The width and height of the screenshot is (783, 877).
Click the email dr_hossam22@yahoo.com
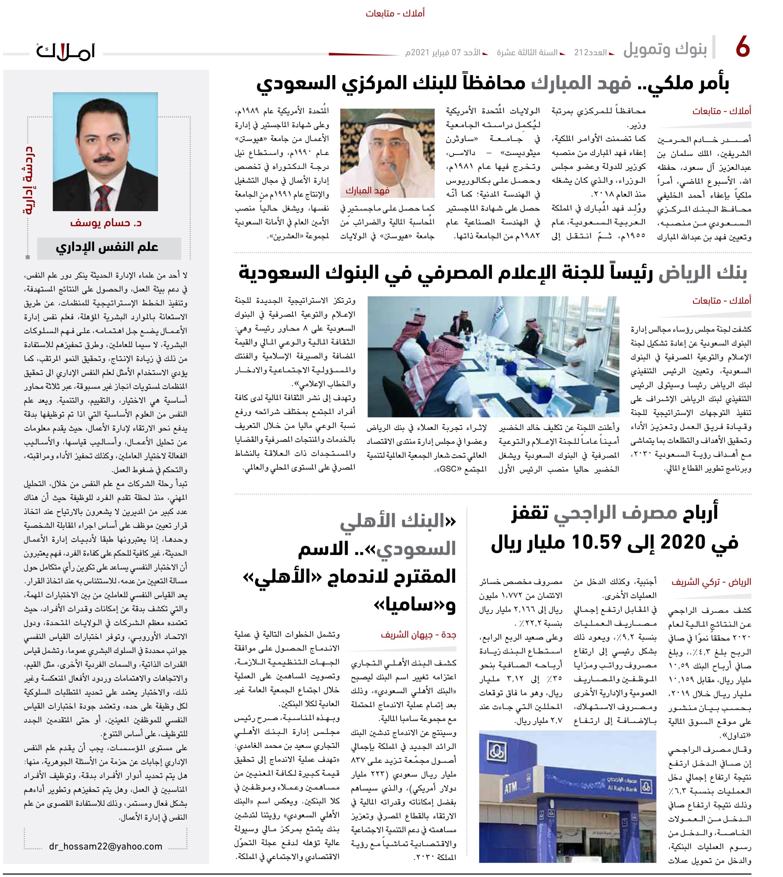(106, 846)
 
